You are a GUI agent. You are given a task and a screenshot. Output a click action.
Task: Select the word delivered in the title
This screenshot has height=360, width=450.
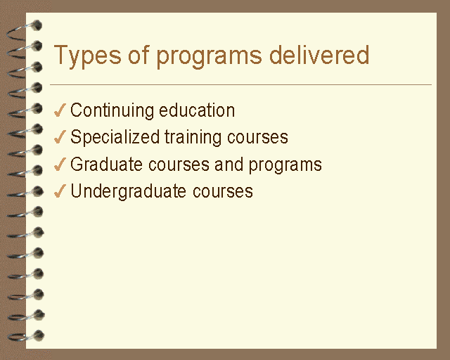pyautogui.click(x=319, y=54)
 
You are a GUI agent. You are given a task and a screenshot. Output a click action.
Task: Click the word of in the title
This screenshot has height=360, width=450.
pyautogui.click(x=139, y=54)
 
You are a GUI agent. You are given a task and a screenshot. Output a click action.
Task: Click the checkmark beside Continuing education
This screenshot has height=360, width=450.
pyautogui.click(x=60, y=110)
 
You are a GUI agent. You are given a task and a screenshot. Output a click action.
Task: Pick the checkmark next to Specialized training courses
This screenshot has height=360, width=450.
pyautogui.click(x=60, y=136)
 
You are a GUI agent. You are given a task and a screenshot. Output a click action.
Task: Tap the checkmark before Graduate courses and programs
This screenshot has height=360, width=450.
pyautogui.click(x=60, y=165)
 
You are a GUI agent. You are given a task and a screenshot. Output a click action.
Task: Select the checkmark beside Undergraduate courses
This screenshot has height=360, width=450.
pyautogui.click(x=60, y=191)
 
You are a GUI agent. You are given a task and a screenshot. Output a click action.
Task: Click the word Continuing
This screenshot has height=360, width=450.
pyautogui.click(x=112, y=111)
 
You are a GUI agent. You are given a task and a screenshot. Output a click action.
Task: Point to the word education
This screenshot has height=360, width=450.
pyautogui.click(x=197, y=110)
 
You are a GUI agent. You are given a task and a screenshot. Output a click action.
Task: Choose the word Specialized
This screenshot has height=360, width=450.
pyautogui.click(x=115, y=138)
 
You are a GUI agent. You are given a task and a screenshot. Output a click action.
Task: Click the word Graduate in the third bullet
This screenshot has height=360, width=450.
pyautogui.click(x=106, y=165)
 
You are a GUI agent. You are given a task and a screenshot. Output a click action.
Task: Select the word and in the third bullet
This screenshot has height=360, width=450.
pyautogui.click(x=229, y=165)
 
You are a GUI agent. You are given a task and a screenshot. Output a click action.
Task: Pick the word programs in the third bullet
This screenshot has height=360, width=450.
pyautogui.click(x=285, y=165)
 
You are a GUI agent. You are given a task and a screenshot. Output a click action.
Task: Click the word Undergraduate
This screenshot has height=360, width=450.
pyautogui.click(x=128, y=192)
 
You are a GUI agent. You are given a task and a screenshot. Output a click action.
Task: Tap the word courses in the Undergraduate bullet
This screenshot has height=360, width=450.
pyautogui.click(x=223, y=191)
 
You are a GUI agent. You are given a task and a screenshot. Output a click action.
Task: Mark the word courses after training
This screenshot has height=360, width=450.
pyautogui.click(x=257, y=138)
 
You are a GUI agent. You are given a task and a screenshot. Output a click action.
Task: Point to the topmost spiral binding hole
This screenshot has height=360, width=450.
pyautogui.click(x=37, y=25)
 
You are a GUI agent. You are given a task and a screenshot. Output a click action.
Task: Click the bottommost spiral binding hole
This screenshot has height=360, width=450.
pyautogui.click(x=39, y=335)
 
